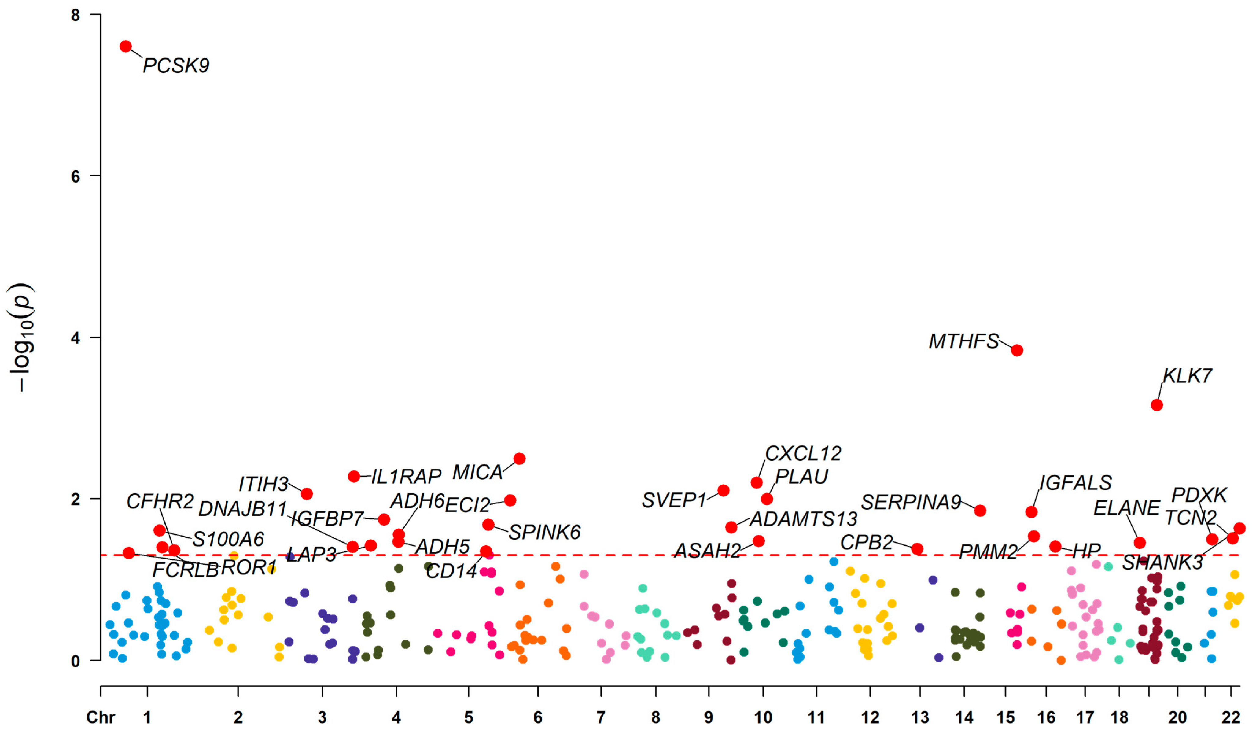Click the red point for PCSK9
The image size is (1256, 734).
click(x=126, y=46)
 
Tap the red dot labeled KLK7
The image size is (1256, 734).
click(x=1156, y=405)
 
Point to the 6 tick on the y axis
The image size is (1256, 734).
click(x=75, y=176)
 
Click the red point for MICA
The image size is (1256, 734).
click(x=519, y=459)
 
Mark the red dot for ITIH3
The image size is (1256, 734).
click(x=307, y=494)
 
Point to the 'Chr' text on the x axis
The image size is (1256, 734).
click(x=100, y=717)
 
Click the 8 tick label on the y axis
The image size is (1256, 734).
click(x=75, y=15)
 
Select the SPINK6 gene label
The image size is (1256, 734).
click(x=544, y=532)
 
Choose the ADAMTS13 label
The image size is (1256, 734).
click(x=803, y=519)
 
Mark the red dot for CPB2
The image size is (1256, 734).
click(x=917, y=549)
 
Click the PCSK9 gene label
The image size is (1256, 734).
click(x=176, y=65)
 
